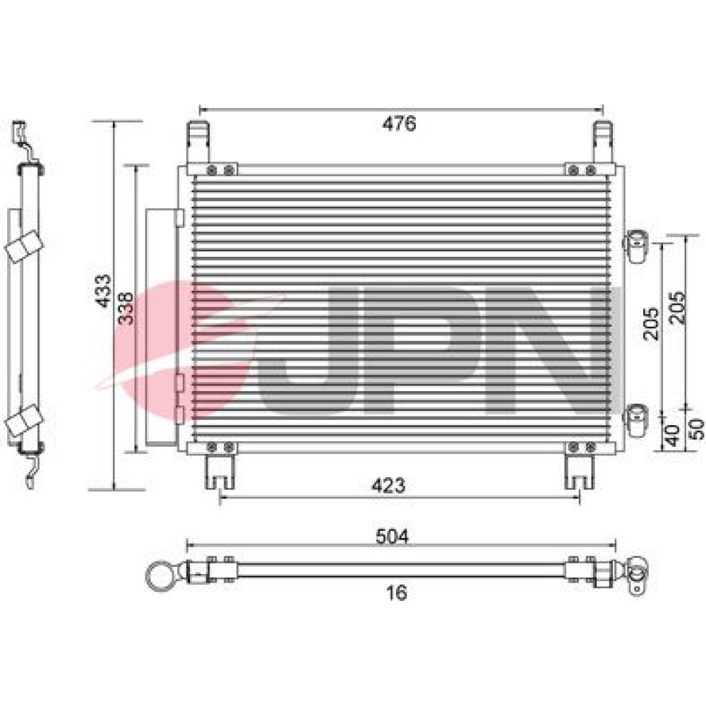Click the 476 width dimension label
[399, 124]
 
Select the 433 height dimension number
[104, 291]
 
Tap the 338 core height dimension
[126, 309]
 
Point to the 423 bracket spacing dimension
[388, 486]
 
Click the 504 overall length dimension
[392, 537]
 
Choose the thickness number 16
[397, 592]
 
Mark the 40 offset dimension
[672, 435]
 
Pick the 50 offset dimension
[696, 429]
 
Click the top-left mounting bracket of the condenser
[198, 143]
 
